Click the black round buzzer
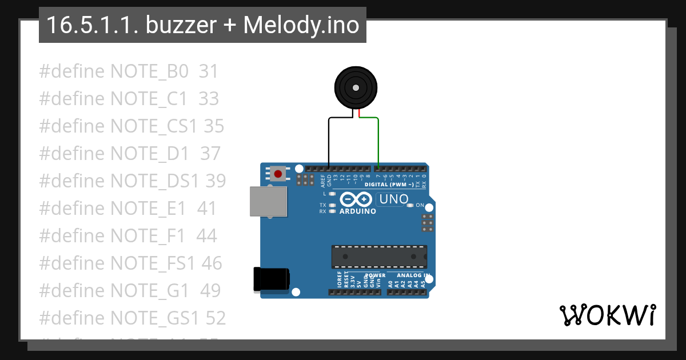356,88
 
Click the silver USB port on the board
268,202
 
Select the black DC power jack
271,279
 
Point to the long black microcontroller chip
379,257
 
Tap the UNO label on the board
393,199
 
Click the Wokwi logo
607,315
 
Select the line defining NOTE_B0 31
129,71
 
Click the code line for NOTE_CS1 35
131,126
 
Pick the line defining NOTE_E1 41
127,209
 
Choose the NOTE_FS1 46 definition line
130,263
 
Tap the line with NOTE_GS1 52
132,318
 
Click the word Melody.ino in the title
301,25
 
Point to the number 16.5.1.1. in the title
91,25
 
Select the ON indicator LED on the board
410,205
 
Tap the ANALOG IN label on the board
413,275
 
